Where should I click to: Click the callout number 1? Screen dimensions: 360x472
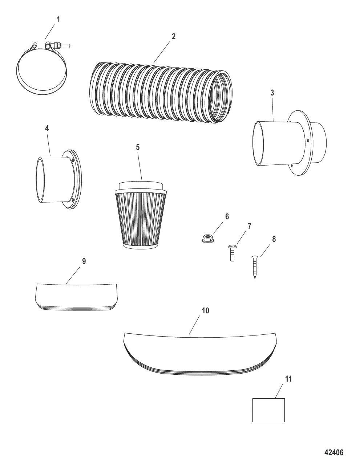pos(58,20)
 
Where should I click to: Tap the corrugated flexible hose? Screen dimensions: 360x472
pos(161,93)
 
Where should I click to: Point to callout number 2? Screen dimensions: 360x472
pos(173,37)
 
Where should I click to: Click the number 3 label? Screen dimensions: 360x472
pos(272,93)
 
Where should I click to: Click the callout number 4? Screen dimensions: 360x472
pos(47,129)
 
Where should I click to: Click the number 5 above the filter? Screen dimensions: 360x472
pos(138,147)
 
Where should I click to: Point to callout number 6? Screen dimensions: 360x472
pos(227,216)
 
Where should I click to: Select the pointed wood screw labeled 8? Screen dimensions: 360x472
pos(255,267)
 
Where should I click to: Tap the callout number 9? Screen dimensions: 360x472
pos(84,261)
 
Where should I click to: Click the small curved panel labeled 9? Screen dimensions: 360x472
pos(77,297)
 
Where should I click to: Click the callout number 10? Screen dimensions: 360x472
pos(205,310)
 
